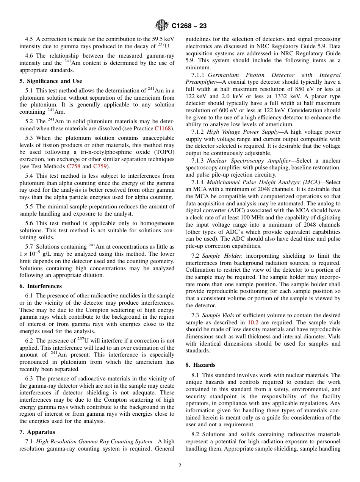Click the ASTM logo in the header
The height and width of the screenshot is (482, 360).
[x=162, y=26]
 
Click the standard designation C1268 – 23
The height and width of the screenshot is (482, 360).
[x=189, y=26]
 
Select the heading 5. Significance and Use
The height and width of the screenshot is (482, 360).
[x=51, y=81]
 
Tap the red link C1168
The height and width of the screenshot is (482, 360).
[x=164, y=128]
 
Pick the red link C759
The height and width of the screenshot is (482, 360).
[x=100, y=166]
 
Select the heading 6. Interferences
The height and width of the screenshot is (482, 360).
[x=41, y=286]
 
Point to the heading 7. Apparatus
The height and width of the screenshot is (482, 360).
[x=37, y=432]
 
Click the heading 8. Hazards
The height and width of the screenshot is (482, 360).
[x=200, y=365]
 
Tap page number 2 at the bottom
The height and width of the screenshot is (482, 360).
[x=180, y=466]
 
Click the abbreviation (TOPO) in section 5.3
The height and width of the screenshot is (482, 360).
[x=164, y=152]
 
